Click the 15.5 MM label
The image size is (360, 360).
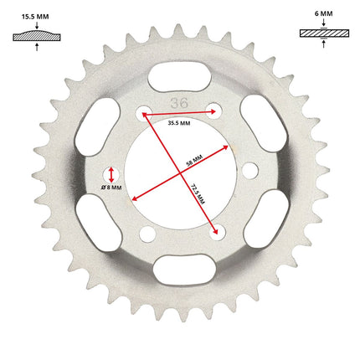point(35,17)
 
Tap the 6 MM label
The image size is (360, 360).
point(324,13)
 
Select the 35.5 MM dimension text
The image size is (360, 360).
point(179,123)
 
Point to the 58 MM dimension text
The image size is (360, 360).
point(194,161)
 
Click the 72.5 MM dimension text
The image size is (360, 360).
point(198,194)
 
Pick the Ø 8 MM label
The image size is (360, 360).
point(111,188)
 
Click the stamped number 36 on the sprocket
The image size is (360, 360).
point(179,103)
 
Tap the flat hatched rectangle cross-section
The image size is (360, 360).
point(324,33)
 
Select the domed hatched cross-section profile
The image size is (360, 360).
point(37,36)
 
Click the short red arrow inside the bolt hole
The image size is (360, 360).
point(111,175)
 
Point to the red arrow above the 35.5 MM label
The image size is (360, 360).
point(179,113)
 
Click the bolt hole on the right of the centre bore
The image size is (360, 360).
point(250,171)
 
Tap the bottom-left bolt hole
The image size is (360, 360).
point(147,234)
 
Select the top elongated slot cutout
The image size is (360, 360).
point(179,77)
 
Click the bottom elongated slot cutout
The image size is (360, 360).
point(184,270)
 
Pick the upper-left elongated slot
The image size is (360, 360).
point(98,127)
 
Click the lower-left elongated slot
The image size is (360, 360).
point(99,223)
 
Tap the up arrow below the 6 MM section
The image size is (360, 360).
point(324,44)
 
